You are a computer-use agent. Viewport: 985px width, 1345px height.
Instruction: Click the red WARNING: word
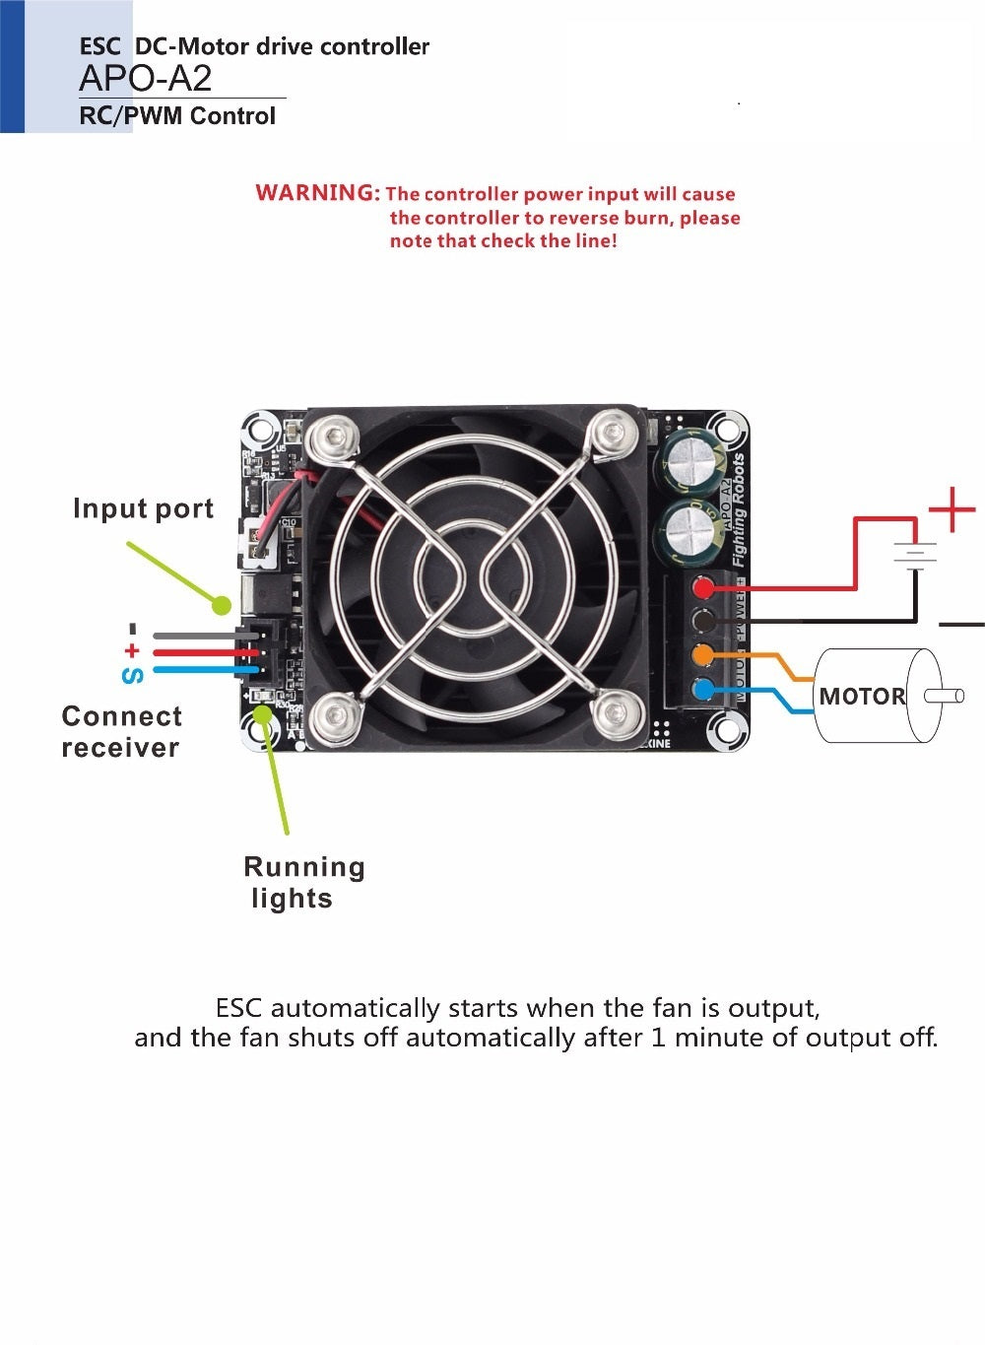(317, 193)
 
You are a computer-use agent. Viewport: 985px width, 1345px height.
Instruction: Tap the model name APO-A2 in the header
(145, 79)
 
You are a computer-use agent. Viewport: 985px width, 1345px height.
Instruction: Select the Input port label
(143, 508)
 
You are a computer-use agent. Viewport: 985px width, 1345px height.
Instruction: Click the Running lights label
(303, 882)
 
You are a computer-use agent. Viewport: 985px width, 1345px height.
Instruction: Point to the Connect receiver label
(121, 731)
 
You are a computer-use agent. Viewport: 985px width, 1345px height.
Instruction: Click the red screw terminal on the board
(703, 589)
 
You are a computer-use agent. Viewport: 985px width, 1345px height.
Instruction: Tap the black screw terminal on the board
(703, 622)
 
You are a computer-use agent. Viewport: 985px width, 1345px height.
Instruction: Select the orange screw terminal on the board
(703, 654)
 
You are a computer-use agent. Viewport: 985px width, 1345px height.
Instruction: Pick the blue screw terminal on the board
(703, 688)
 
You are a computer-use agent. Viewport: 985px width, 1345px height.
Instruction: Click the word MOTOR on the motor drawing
(862, 697)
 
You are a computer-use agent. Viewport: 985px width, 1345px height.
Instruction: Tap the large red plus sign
(952, 510)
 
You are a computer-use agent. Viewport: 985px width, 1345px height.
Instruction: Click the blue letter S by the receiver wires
(132, 676)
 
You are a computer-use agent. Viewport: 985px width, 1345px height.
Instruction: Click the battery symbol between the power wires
(915, 557)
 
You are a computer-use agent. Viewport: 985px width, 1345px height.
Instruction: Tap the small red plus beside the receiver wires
(132, 651)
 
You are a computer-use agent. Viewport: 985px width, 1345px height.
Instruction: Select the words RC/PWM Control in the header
(177, 116)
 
